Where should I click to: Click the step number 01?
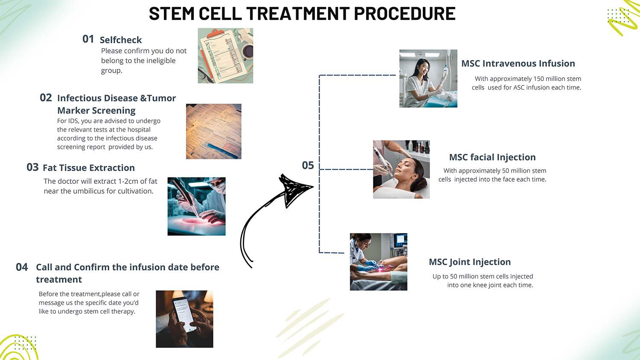(88, 39)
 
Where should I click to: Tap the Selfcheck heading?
(121, 40)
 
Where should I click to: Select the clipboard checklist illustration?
(225, 55)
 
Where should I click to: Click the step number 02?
(46, 98)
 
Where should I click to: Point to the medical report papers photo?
(213, 131)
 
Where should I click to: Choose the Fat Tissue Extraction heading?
(89, 168)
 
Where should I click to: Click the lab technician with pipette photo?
(196, 206)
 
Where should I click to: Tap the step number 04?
(22, 267)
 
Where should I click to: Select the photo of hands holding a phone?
(184, 319)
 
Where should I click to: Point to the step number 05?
(308, 165)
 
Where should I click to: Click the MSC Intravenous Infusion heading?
(518, 64)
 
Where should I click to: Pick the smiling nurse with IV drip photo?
(428, 78)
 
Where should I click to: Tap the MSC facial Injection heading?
(492, 157)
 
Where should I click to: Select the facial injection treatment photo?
(401, 169)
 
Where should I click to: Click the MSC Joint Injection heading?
(469, 262)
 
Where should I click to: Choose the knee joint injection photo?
(378, 261)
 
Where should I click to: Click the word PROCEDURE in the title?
(404, 14)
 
